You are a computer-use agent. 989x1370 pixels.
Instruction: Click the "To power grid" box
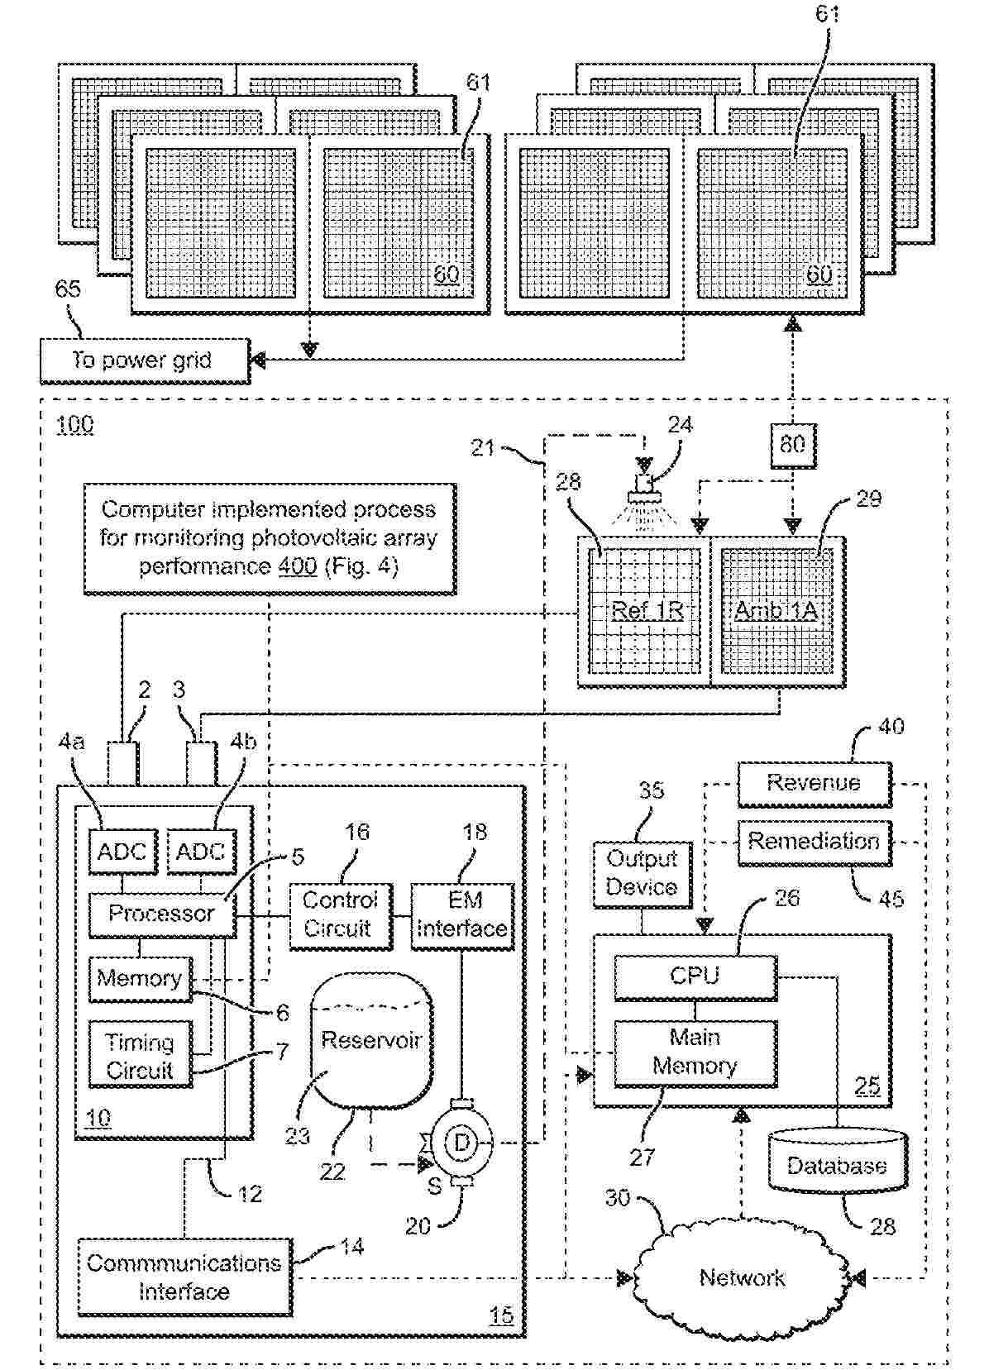pos(145,360)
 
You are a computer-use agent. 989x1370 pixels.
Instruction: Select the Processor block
pos(162,914)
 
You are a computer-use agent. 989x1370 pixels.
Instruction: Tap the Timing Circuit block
pos(140,1056)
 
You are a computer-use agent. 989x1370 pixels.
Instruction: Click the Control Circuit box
pos(339,914)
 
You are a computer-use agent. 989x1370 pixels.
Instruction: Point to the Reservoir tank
pos(371,1040)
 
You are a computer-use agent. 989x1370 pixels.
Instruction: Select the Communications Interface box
pos(184,1277)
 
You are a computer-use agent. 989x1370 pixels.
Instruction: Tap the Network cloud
pos(742,1277)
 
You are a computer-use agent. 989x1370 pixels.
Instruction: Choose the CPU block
pos(695,976)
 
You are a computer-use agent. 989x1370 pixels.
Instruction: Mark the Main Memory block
pos(695,1052)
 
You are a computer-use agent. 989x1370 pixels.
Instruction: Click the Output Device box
pos(642,873)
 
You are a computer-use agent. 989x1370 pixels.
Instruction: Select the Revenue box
pos(814,783)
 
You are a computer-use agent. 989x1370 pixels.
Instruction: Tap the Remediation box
pos(814,842)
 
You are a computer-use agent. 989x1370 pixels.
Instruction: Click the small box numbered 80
pos(792,445)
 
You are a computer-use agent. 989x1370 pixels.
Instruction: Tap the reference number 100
pos(74,425)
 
